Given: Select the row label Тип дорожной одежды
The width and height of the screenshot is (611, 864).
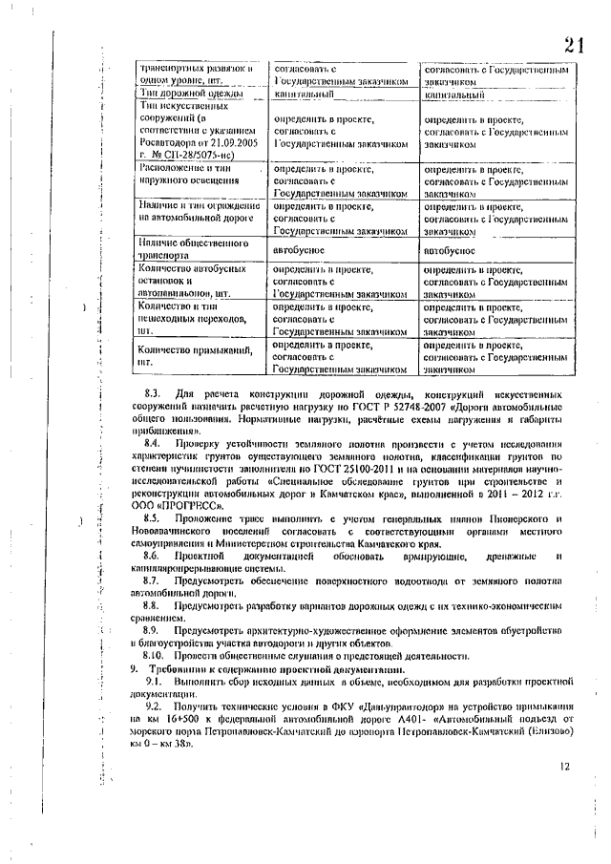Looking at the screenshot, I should [173, 95].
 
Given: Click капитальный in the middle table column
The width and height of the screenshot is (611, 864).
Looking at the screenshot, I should [304, 95].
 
